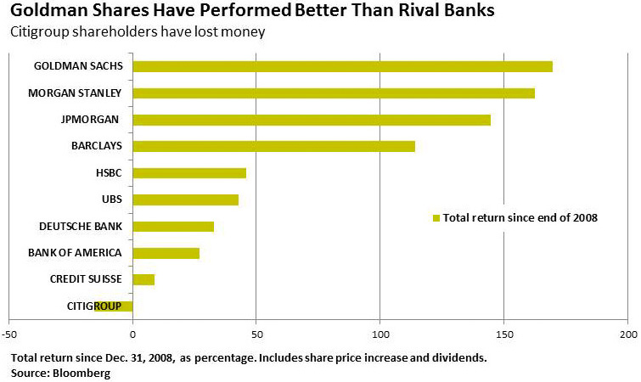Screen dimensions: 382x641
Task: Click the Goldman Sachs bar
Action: [342, 66]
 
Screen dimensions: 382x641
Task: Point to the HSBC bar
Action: [189, 173]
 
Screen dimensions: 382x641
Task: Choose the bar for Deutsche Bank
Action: [173, 227]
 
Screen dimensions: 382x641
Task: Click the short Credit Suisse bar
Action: [143, 279]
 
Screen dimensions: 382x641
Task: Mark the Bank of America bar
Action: [166, 253]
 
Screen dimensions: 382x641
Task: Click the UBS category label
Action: [111, 199]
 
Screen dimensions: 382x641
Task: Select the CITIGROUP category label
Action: [93, 306]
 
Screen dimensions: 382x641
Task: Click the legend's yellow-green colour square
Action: [436, 218]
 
